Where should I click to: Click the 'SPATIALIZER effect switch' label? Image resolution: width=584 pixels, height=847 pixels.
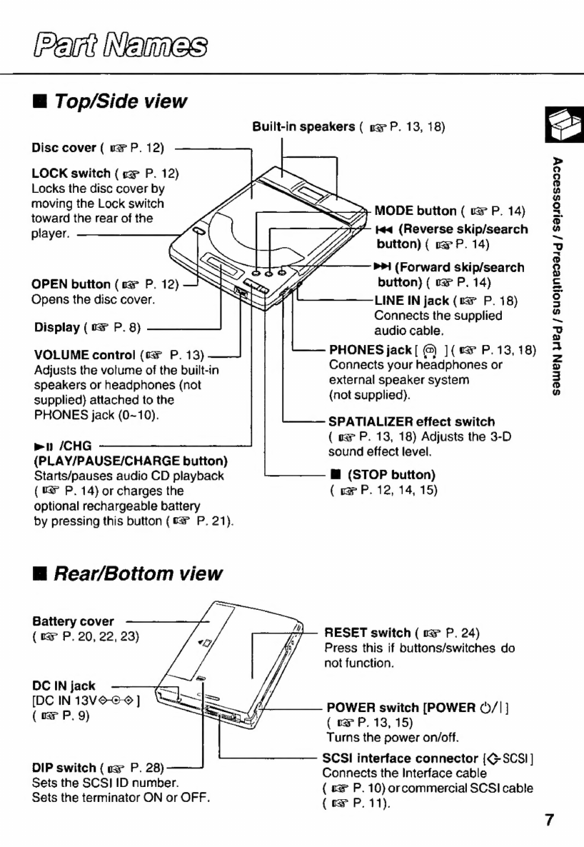click(411, 422)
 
